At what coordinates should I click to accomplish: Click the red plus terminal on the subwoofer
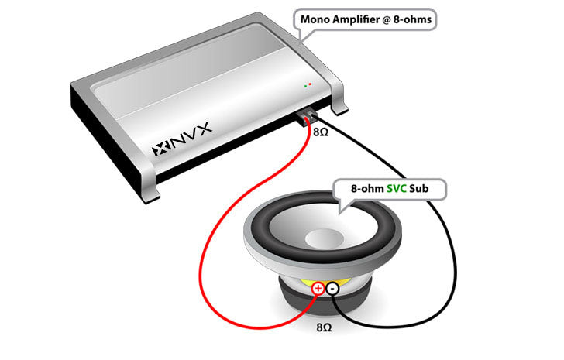pyautogui.click(x=318, y=288)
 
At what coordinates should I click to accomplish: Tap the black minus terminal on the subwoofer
pyautogui.click(x=332, y=288)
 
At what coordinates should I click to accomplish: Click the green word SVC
pyautogui.click(x=397, y=189)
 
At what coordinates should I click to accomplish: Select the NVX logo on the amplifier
pyautogui.click(x=181, y=140)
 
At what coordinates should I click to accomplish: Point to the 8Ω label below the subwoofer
pyautogui.click(x=324, y=327)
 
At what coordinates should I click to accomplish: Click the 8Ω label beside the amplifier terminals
pyautogui.click(x=321, y=132)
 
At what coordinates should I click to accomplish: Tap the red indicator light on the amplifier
pyautogui.click(x=310, y=84)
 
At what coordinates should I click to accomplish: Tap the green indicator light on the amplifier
pyautogui.click(x=305, y=86)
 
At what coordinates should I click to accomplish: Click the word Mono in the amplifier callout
pyautogui.click(x=315, y=19)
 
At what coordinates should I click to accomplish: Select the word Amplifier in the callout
pyautogui.click(x=356, y=20)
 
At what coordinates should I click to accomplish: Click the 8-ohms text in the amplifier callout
pyautogui.click(x=412, y=19)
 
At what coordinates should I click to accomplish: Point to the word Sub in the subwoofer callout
pyautogui.click(x=419, y=189)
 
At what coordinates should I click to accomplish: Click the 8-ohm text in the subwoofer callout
pyautogui.click(x=367, y=189)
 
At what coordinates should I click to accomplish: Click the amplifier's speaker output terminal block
pyautogui.click(x=307, y=117)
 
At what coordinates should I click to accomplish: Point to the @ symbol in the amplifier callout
pyautogui.click(x=387, y=20)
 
